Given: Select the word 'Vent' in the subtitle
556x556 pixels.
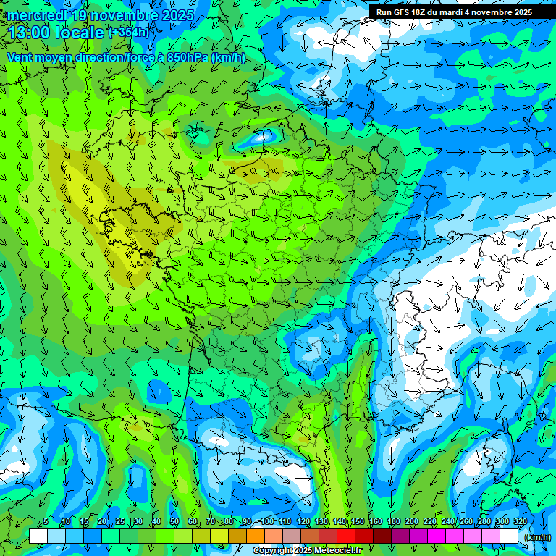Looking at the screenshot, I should (21, 58).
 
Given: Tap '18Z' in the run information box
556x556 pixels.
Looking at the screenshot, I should (424, 12).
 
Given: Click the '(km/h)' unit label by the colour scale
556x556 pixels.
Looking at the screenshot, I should (536, 537).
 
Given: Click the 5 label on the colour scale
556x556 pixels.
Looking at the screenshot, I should (45, 522).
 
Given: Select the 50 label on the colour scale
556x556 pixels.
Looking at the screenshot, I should (174, 522).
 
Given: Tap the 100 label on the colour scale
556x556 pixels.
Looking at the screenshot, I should (267, 522).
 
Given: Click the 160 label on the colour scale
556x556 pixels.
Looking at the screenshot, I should (376, 522).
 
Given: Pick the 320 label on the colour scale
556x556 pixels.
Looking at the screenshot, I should (521, 522).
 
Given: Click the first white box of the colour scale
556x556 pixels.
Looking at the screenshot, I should (38, 536).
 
